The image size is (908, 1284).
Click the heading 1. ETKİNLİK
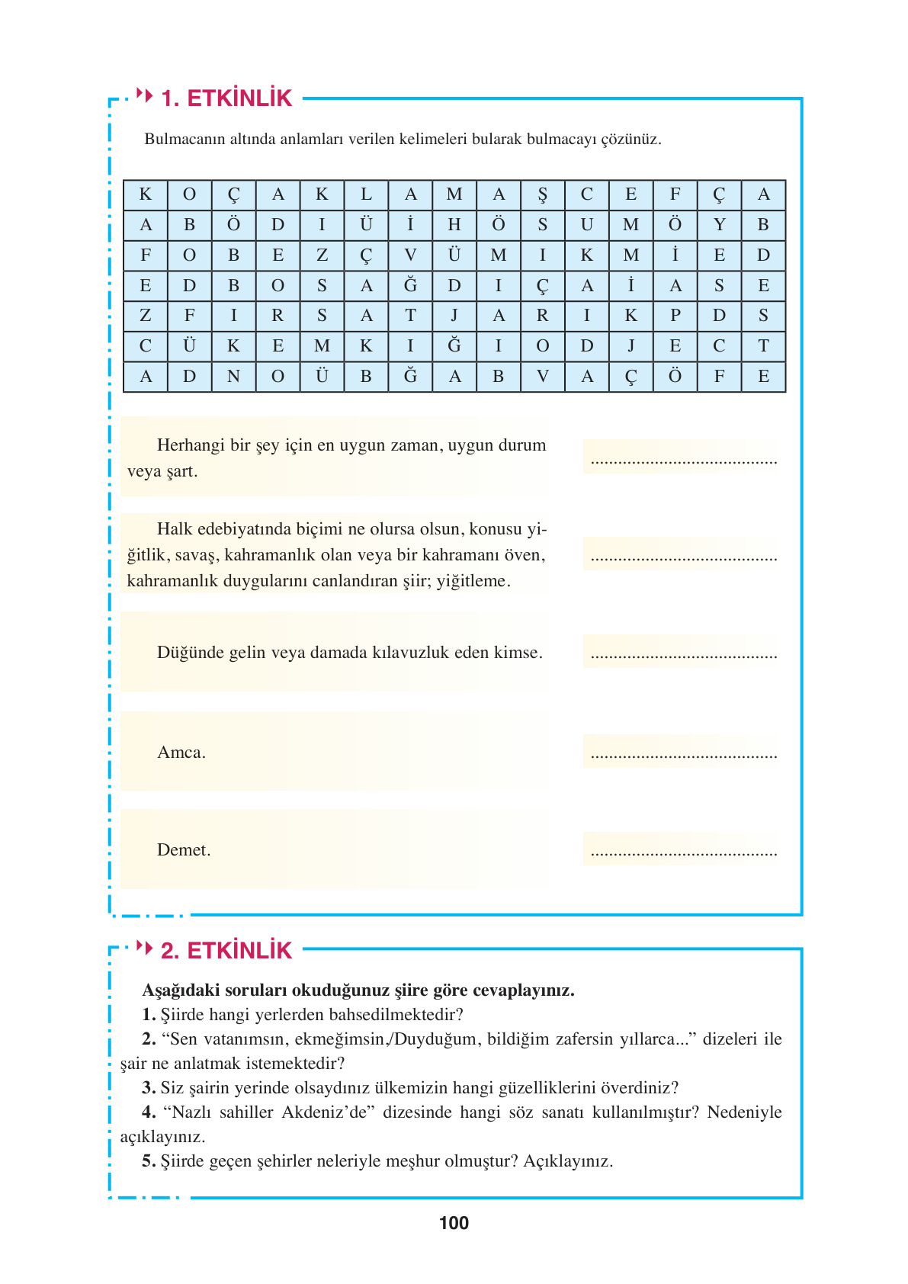[x=226, y=98]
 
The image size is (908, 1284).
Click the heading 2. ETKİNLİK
[x=226, y=951]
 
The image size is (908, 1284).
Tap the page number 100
[x=454, y=1223]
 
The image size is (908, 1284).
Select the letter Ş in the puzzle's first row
[x=543, y=195]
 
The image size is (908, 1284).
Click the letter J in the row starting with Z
[x=454, y=316]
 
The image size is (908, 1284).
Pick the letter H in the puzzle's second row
[x=454, y=225]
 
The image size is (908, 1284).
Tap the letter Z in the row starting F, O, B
[x=322, y=255]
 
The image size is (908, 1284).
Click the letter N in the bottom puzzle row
[x=233, y=376]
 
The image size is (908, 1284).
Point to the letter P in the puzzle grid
[x=675, y=316]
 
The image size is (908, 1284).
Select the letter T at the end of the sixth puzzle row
[x=763, y=346]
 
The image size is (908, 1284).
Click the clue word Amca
[x=181, y=753]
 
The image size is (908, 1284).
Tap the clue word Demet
[x=184, y=850]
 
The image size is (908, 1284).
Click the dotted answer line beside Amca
[x=683, y=756]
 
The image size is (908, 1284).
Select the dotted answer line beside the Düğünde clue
[x=683, y=655]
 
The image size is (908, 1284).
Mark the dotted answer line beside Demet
[x=683, y=853]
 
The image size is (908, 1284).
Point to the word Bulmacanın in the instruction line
[x=181, y=140]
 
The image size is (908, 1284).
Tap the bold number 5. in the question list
[x=149, y=1161]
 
